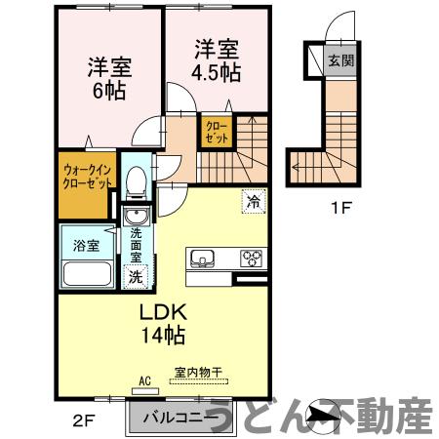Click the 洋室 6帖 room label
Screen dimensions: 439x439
109,78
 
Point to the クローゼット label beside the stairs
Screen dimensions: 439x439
216,132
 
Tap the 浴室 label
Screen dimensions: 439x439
87,245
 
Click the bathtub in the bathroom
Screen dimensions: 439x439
87,272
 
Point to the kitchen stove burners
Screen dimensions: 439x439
252,259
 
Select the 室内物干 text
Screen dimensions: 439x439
199,372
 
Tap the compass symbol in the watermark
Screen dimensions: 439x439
321,417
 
